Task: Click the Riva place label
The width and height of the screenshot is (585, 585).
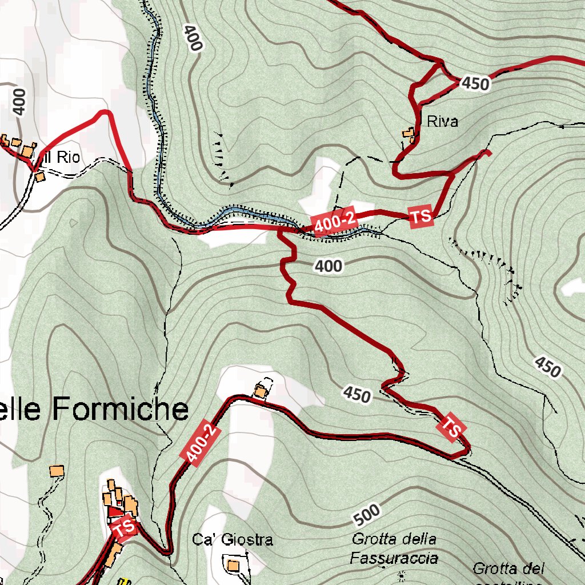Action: (442, 121)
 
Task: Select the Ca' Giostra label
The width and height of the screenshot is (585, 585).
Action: (233, 539)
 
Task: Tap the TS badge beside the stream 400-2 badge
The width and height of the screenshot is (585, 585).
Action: (421, 216)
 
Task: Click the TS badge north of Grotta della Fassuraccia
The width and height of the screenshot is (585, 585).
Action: (452, 427)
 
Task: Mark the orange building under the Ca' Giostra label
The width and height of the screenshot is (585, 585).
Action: (233, 566)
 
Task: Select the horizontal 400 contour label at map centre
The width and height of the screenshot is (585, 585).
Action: (328, 266)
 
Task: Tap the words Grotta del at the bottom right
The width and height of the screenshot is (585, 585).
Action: (508, 568)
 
